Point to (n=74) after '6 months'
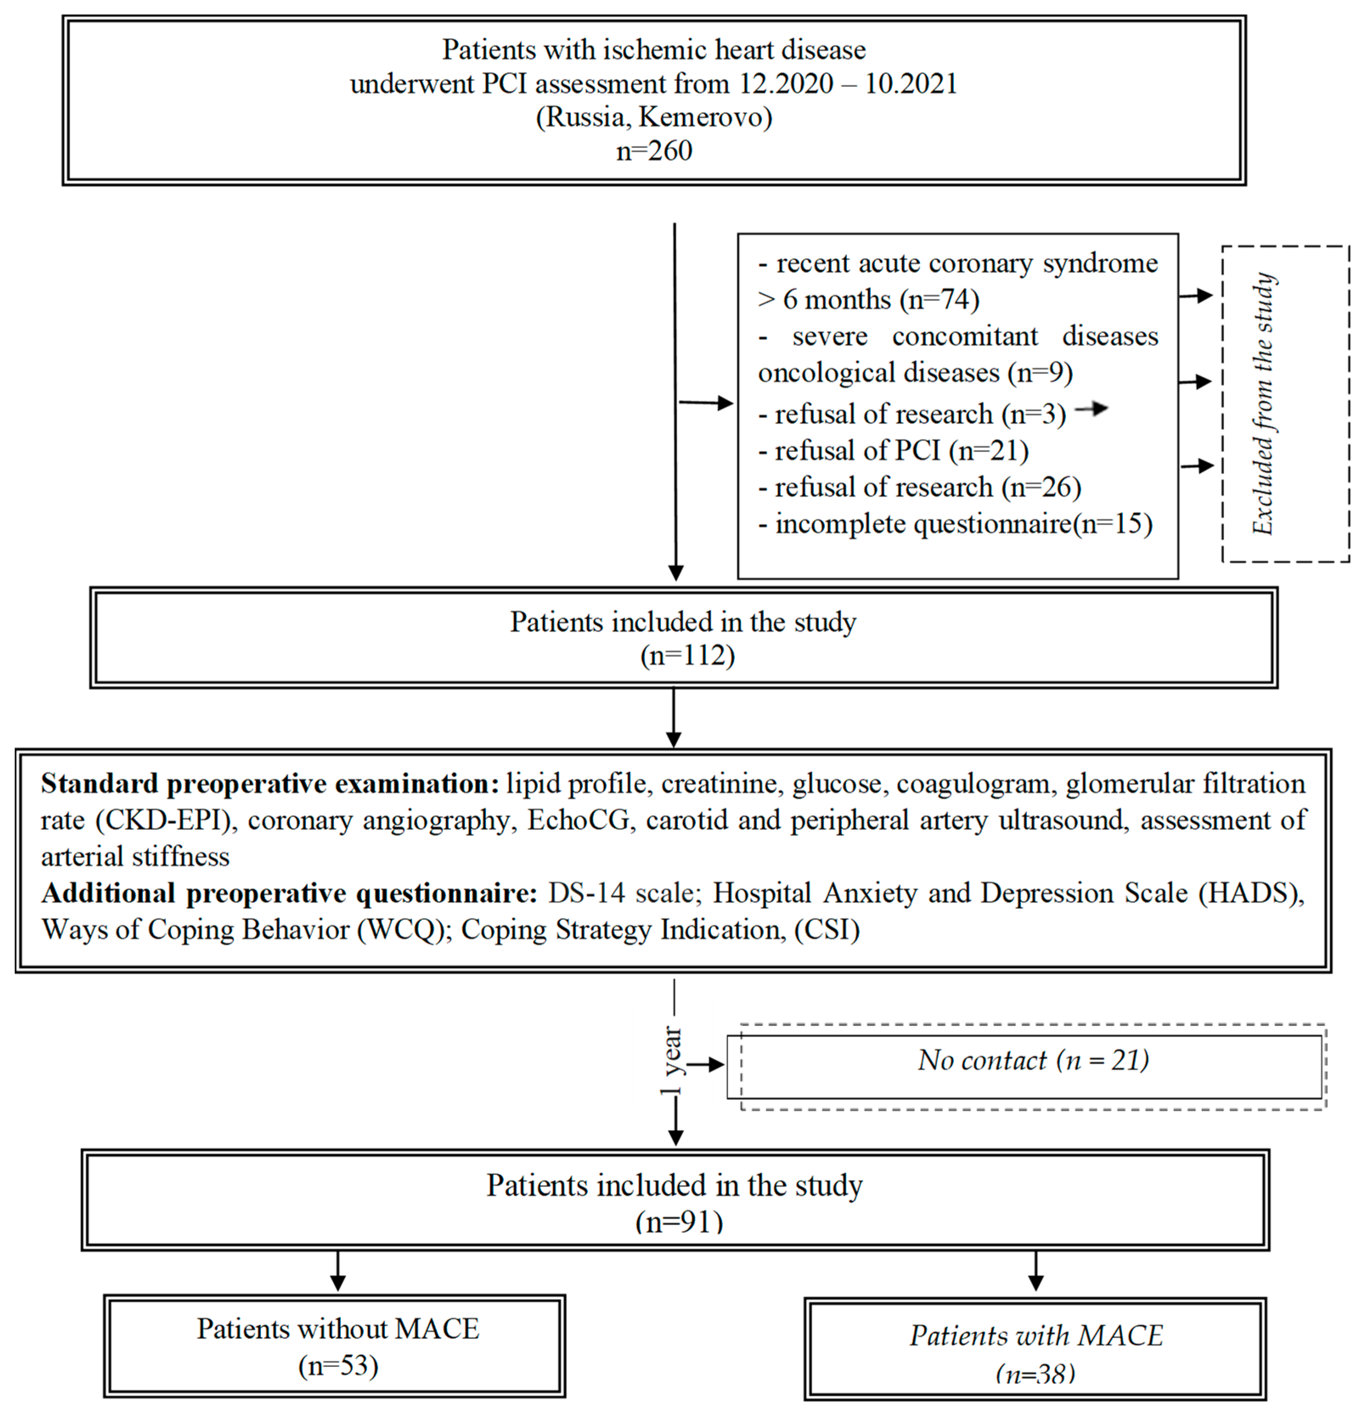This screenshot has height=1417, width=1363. (x=939, y=299)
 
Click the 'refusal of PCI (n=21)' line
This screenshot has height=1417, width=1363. (x=894, y=450)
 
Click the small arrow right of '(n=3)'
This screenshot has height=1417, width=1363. (x=1092, y=409)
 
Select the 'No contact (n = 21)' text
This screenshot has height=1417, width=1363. (x=1033, y=1060)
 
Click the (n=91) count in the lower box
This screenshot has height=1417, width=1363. (x=679, y=1222)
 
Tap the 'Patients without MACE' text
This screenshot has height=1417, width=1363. (x=338, y=1329)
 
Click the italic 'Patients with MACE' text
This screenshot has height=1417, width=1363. (x=1035, y=1335)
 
